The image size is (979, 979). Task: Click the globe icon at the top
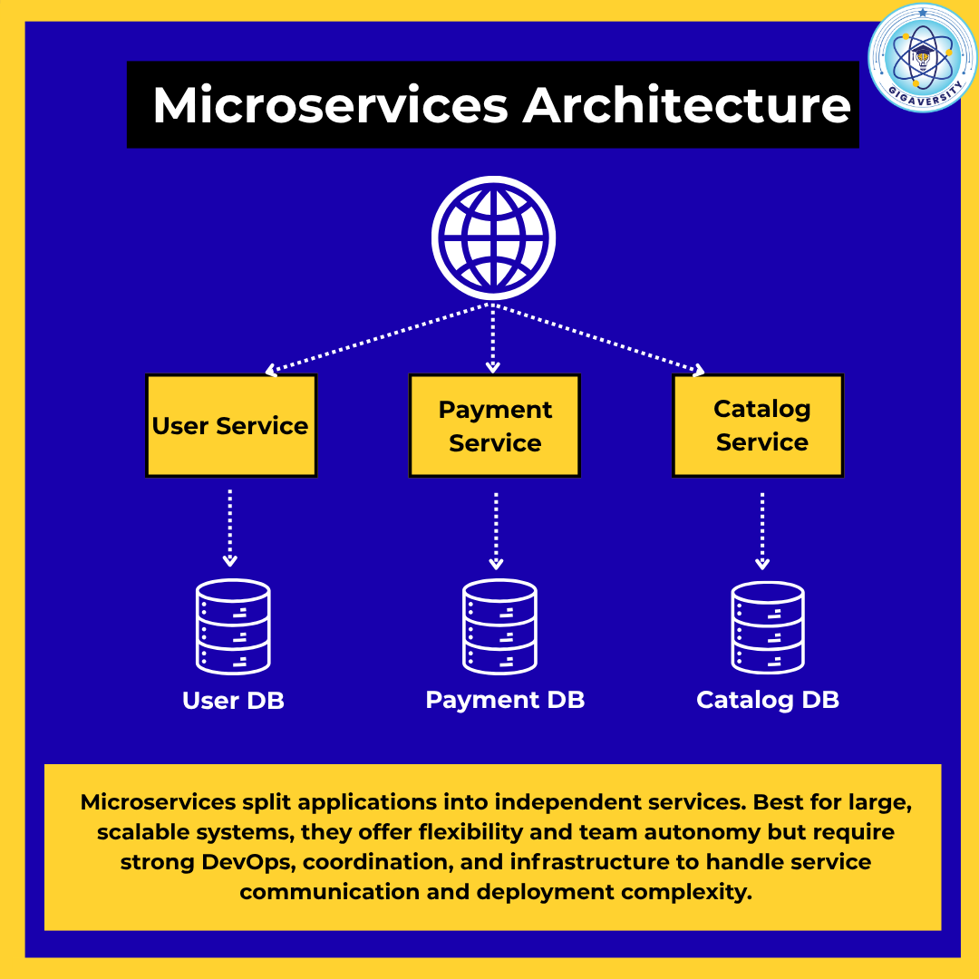pos(493,238)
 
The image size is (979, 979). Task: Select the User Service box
pos(231,426)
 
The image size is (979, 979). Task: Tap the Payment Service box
pos(494,426)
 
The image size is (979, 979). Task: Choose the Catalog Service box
pos(758,426)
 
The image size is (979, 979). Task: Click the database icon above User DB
pos(233,626)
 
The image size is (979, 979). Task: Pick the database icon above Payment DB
pos(499,626)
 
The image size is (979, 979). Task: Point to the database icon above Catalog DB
pos(768,627)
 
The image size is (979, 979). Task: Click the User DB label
pos(233,701)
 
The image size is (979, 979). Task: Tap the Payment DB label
pos(505,700)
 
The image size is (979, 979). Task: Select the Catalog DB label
pos(768,700)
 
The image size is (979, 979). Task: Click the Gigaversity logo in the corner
pos(922,57)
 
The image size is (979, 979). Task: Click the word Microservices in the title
pos(330,106)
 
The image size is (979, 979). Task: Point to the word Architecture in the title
pos(686,106)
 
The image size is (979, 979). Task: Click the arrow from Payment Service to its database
pos(496,530)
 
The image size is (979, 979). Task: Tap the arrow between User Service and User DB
pos(230,528)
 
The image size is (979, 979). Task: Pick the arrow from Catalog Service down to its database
pos(762,530)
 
